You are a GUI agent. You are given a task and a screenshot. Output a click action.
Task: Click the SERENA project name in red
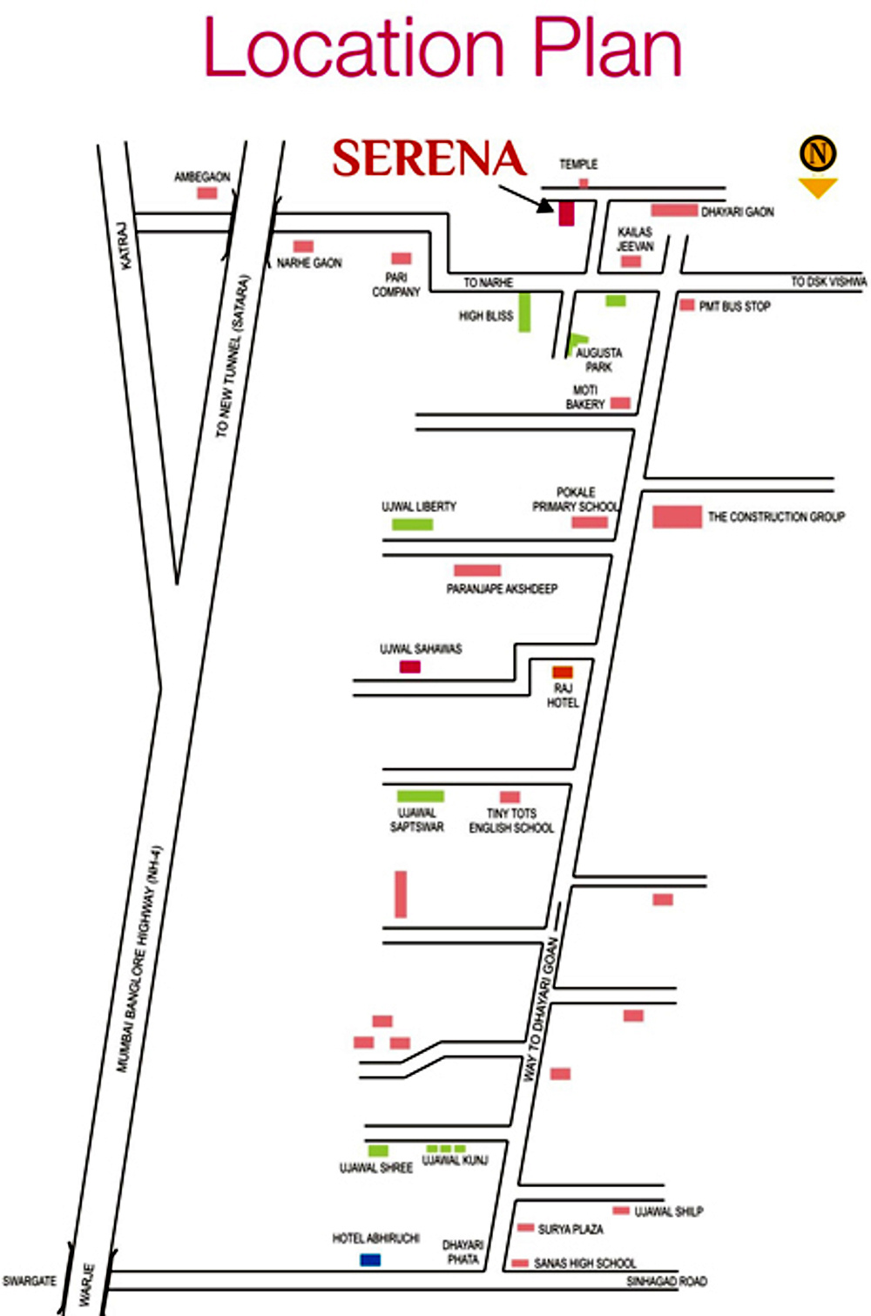click(x=429, y=159)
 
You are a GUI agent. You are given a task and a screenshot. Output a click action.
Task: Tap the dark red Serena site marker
click(x=566, y=213)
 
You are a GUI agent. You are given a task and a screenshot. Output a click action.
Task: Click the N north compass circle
click(x=818, y=153)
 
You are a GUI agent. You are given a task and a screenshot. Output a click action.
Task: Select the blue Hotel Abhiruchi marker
click(x=370, y=1259)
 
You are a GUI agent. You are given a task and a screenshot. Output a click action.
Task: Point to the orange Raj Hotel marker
click(x=563, y=672)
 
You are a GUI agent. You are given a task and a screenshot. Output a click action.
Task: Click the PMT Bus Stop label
click(x=734, y=307)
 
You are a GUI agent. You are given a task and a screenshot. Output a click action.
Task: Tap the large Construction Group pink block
click(x=677, y=516)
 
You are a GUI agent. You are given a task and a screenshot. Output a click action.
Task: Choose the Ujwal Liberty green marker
click(x=412, y=524)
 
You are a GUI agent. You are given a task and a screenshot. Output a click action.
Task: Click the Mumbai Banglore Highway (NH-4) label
click(x=139, y=959)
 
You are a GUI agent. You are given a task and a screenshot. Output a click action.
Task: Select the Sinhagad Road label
click(x=666, y=1281)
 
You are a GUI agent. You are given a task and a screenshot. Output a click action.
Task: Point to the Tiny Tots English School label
click(x=511, y=820)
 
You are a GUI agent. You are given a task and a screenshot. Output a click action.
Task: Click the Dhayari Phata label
click(x=463, y=1252)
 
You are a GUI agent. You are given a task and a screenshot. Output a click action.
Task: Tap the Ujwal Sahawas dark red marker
click(x=410, y=666)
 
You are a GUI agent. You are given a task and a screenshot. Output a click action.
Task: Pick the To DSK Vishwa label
click(x=828, y=281)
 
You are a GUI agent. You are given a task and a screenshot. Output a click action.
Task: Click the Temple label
click(x=578, y=164)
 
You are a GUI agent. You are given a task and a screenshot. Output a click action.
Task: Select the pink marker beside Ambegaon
click(x=206, y=193)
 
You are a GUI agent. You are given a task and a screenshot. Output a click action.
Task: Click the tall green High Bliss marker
click(x=524, y=312)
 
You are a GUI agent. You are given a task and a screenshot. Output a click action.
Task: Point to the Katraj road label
click(x=124, y=246)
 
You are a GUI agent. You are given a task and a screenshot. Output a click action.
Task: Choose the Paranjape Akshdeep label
click(x=502, y=589)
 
